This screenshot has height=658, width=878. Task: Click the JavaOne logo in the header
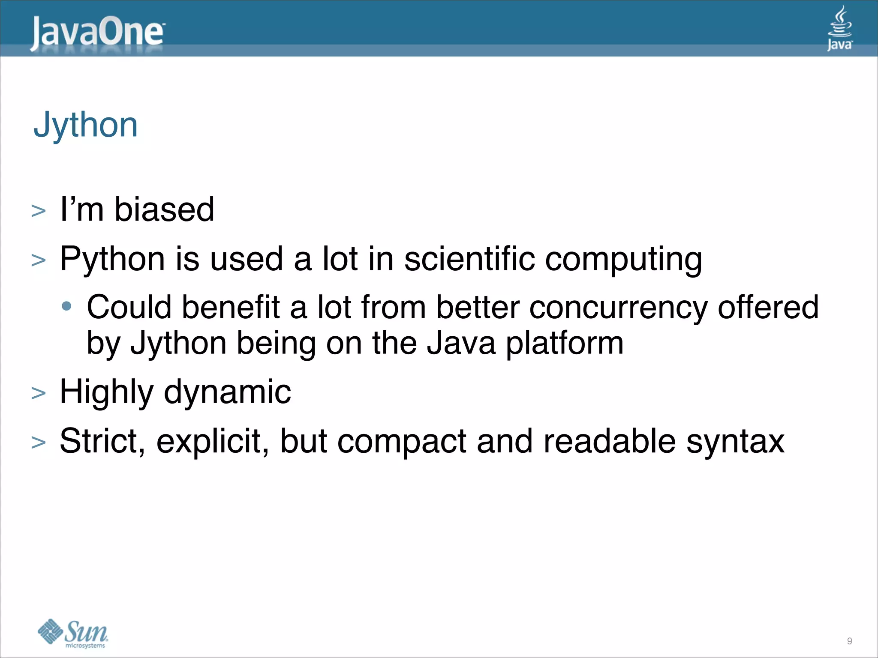pyautogui.click(x=97, y=33)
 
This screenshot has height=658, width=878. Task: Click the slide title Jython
pyautogui.click(x=86, y=125)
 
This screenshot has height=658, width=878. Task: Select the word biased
pyautogui.click(x=164, y=210)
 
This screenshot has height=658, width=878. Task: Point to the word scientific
pyautogui.click(x=469, y=259)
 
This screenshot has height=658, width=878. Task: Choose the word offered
pyautogui.click(x=768, y=308)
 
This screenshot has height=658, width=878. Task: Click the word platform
pyautogui.click(x=565, y=344)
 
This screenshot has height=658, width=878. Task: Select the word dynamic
pyautogui.click(x=227, y=392)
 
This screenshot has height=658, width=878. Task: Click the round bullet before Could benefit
pyautogui.click(x=66, y=306)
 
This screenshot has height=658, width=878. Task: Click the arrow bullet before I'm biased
pyautogui.click(x=39, y=211)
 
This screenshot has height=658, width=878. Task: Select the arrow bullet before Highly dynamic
pyautogui.click(x=39, y=393)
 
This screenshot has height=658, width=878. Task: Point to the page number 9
pyautogui.click(x=849, y=641)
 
